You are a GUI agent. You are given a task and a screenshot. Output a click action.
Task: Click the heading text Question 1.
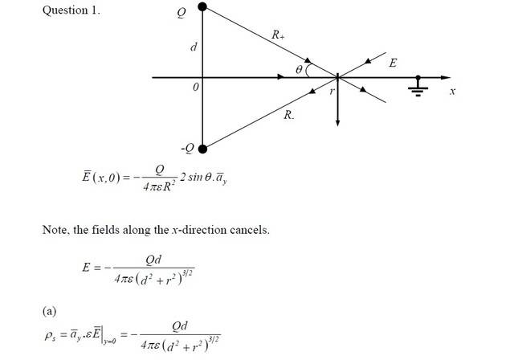(71, 13)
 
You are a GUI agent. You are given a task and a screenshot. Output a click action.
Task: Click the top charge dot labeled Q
(202, 7)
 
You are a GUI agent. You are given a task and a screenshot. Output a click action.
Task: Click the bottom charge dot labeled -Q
(202, 148)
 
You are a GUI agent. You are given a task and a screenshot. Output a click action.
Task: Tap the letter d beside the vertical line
(193, 48)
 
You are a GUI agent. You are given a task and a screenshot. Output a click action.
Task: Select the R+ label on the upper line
(278, 35)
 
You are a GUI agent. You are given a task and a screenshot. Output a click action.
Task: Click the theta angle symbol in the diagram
(299, 71)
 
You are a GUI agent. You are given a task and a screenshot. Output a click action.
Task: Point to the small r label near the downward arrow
(330, 91)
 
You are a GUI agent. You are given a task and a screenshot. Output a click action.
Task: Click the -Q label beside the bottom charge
(187, 149)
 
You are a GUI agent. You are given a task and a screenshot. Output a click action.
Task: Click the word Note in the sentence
(56, 231)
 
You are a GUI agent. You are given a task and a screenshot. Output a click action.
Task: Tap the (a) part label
(50, 309)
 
